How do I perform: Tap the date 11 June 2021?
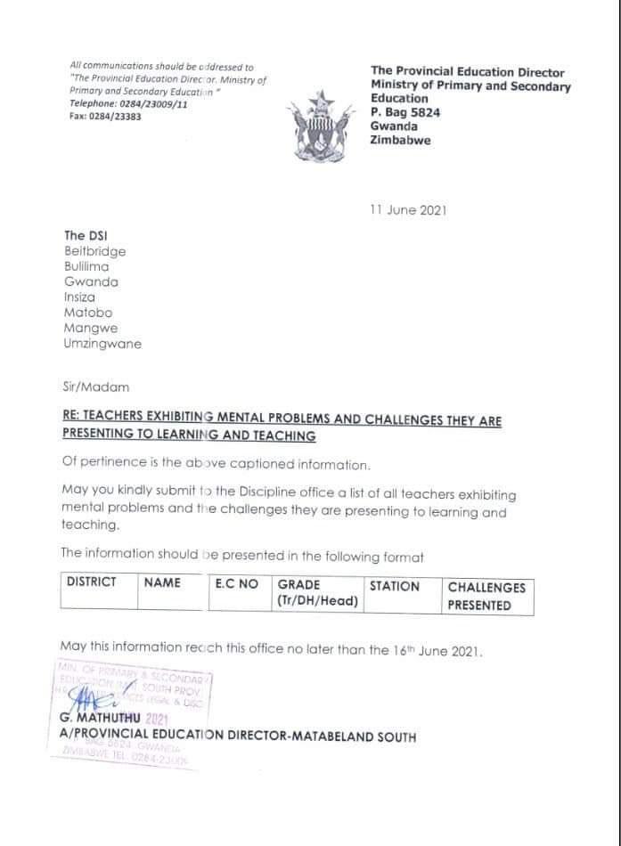pyautogui.click(x=407, y=210)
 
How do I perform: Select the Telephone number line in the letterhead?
pyautogui.click(x=128, y=104)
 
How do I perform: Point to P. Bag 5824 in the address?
pyautogui.click(x=405, y=112)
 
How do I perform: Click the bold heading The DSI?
pyautogui.click(x=86, y=235)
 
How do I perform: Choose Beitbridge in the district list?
pyautogui.click(x=94, y=251)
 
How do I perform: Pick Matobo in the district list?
pyautogui.click(x=86, y=313)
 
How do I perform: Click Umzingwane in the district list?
pyautogui.click(x=102, y=344)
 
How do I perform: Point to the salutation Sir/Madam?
pyautogui.click(x=95, y=386)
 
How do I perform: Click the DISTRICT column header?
pyautogui.click(x=91, y=582)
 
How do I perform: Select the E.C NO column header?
pyautogui.click(x=236, y=583)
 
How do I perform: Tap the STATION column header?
pyautogui.click(x=394, y=586)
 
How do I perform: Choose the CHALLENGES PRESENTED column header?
pyautogui.click(x=486, y=596)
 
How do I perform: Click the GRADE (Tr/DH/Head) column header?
pyautogui.click(x=317, y=592)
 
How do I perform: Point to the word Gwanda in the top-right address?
pyautogui.click(x=393, y=126)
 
